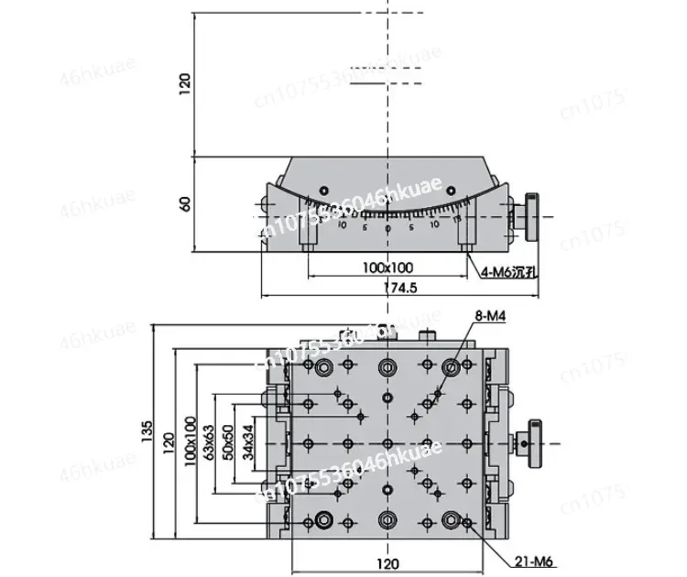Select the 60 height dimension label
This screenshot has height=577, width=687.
(185, 203)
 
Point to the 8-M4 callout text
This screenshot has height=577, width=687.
(490, 317)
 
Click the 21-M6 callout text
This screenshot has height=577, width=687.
(540, 562)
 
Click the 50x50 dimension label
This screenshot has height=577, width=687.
(229, 441)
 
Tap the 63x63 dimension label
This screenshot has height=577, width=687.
(210, 441)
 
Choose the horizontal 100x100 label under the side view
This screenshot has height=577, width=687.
(387, 267)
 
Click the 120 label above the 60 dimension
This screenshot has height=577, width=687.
(185, 84)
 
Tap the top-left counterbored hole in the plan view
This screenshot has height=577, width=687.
(323, 367)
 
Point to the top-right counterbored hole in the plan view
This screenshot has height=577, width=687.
(451, 367)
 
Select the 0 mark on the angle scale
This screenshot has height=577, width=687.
(387, 228)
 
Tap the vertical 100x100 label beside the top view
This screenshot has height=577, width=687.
(190, 441)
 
